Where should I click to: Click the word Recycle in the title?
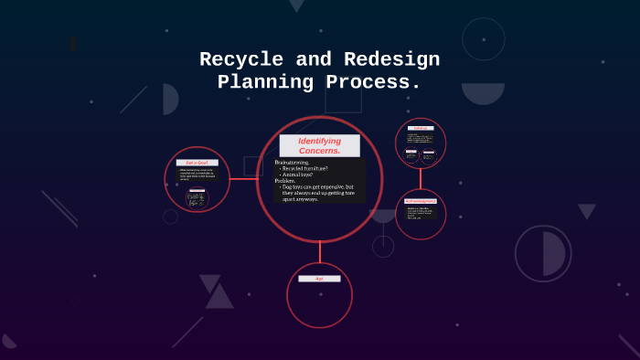click(240, 60)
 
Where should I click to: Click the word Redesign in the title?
click(391, 60)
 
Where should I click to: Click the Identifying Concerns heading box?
click(320, 145)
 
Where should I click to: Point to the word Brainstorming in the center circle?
click(293, 162)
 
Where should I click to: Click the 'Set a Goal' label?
click(197, 163)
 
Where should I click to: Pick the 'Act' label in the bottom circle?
click(319, 279)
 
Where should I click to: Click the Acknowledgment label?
click(421, 200)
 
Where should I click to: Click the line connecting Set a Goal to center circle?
click(242, 179)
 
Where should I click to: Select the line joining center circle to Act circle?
click(320, 253)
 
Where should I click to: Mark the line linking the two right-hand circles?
click(421, 178)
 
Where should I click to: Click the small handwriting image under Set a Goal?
click(197, 196)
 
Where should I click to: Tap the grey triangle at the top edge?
click(296, 5)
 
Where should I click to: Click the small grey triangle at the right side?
click(587, 211)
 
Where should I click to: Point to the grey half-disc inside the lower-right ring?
click(553, 253)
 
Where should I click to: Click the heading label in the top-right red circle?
click(421, 129)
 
